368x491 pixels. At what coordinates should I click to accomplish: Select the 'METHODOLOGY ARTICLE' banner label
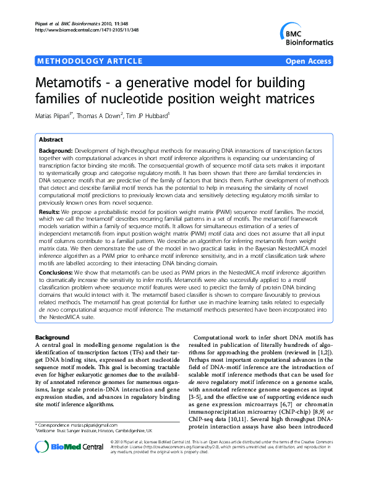[77, 62]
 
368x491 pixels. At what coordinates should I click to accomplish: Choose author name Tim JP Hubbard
[159, 115]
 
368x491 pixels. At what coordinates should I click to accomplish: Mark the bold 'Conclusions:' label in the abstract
[58, 289]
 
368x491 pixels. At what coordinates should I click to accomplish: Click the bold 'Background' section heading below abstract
[53, 337]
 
